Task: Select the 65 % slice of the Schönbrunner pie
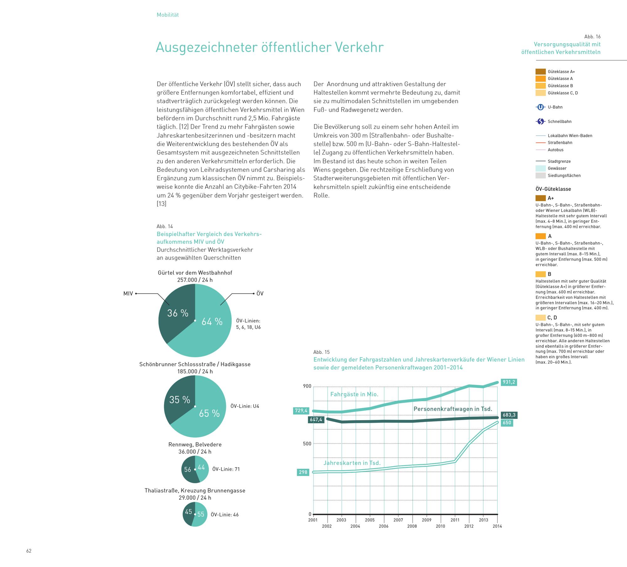point(207,414)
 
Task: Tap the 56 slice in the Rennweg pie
point(188,470)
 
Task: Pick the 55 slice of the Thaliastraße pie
point(200,515)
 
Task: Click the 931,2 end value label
point(508,382)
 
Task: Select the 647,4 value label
point(316,419)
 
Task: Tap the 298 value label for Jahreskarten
point(303,472)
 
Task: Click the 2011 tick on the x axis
point(455,520)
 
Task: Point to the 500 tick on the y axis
point(307,444)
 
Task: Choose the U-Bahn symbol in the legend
point(540,107)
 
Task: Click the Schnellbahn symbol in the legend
point(540,121)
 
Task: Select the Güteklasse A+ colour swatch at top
point(540,72)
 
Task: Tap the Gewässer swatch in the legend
point(540,168)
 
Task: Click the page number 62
point(29,551)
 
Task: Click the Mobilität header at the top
point(168,15)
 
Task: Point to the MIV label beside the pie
point(128,294)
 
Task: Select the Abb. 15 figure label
point(321,352)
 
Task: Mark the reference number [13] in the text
point(161,204)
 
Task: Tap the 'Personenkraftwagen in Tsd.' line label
point(453,409)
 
